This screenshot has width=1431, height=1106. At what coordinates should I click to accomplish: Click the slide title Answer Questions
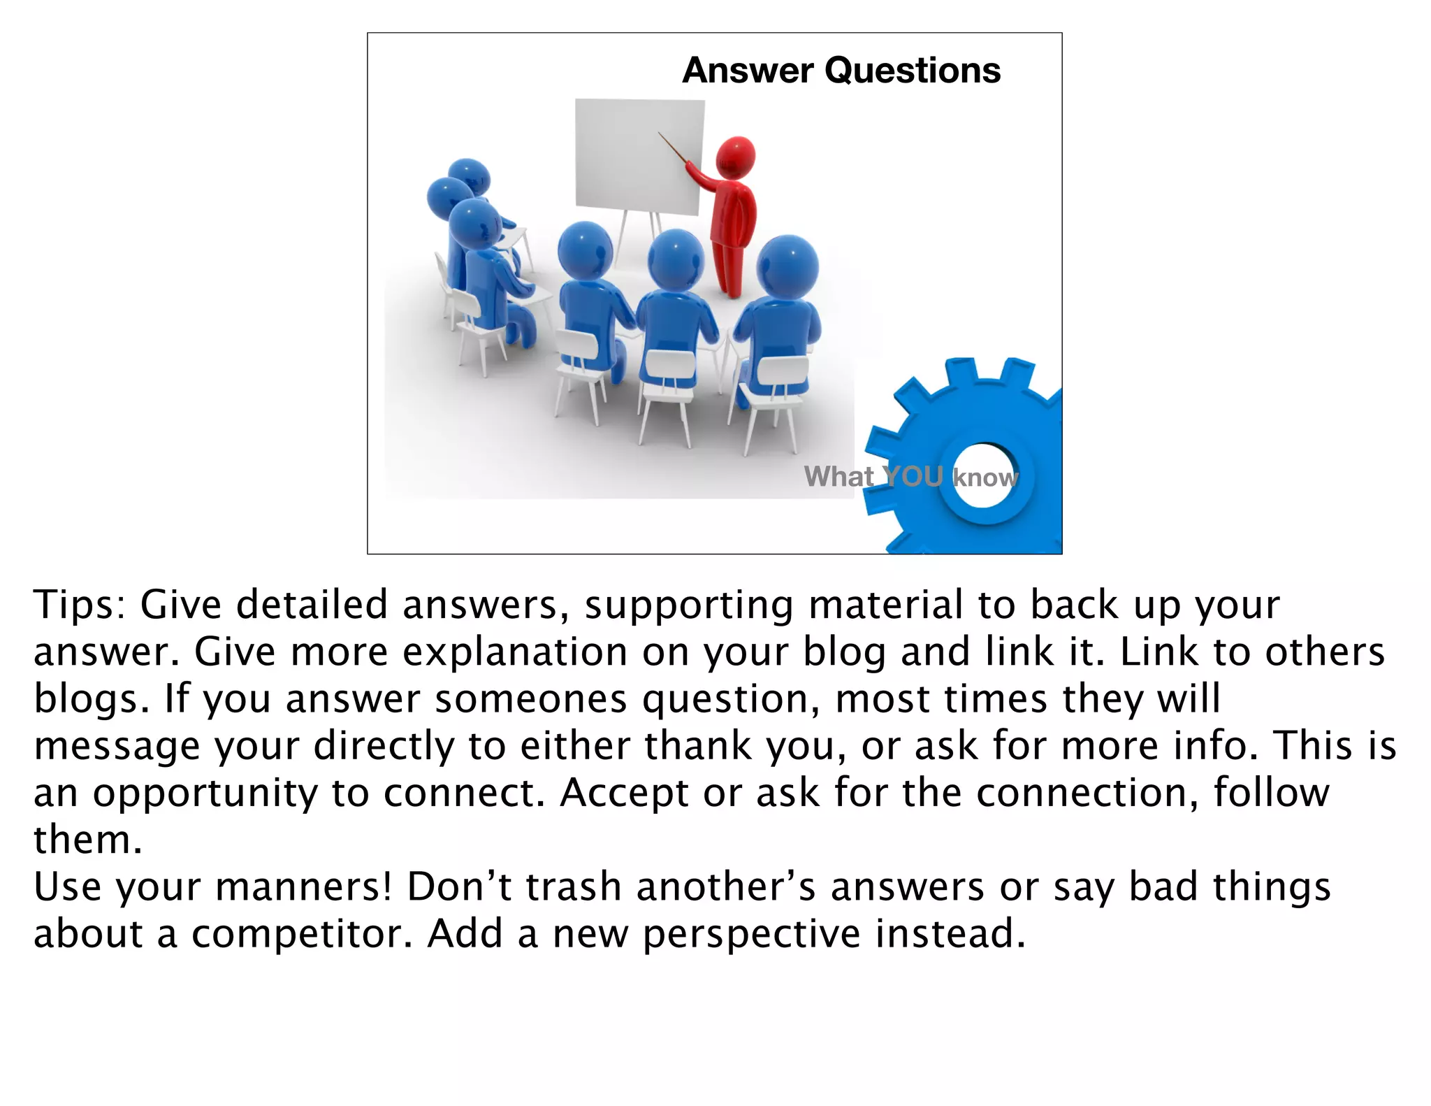[x=841, y=71]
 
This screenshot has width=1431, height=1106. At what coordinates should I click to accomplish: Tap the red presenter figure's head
[x=735, y=158]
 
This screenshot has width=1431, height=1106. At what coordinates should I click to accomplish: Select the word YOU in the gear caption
[x=913, y=477]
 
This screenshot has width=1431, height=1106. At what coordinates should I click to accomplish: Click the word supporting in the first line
[x=688, y=606]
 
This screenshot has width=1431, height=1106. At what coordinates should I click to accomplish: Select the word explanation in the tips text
[x=515, y=652]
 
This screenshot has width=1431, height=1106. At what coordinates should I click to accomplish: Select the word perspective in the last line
[x=750, y=935]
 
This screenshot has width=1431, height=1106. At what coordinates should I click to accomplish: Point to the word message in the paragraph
[x=117, y=747]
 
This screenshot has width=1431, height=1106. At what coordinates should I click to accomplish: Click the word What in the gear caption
[x=838, y=477]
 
